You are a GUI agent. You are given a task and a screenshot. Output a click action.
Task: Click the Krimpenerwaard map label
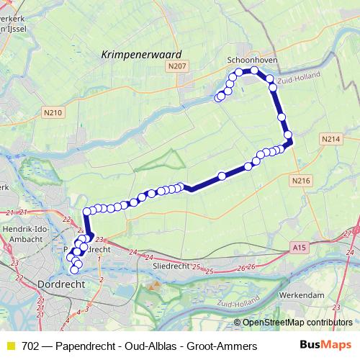(140, 53)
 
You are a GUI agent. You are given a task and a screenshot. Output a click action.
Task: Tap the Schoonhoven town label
(247, 60)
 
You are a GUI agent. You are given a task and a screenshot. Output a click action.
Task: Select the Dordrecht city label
(60, 284)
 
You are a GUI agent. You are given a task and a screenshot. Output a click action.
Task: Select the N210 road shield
(53, 112)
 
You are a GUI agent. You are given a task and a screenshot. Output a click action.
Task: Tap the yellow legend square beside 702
(11, 346)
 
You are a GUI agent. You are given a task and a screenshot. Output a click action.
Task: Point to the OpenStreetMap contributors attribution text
(296, 323)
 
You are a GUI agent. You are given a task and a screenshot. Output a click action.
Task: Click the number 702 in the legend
(31, 346)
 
